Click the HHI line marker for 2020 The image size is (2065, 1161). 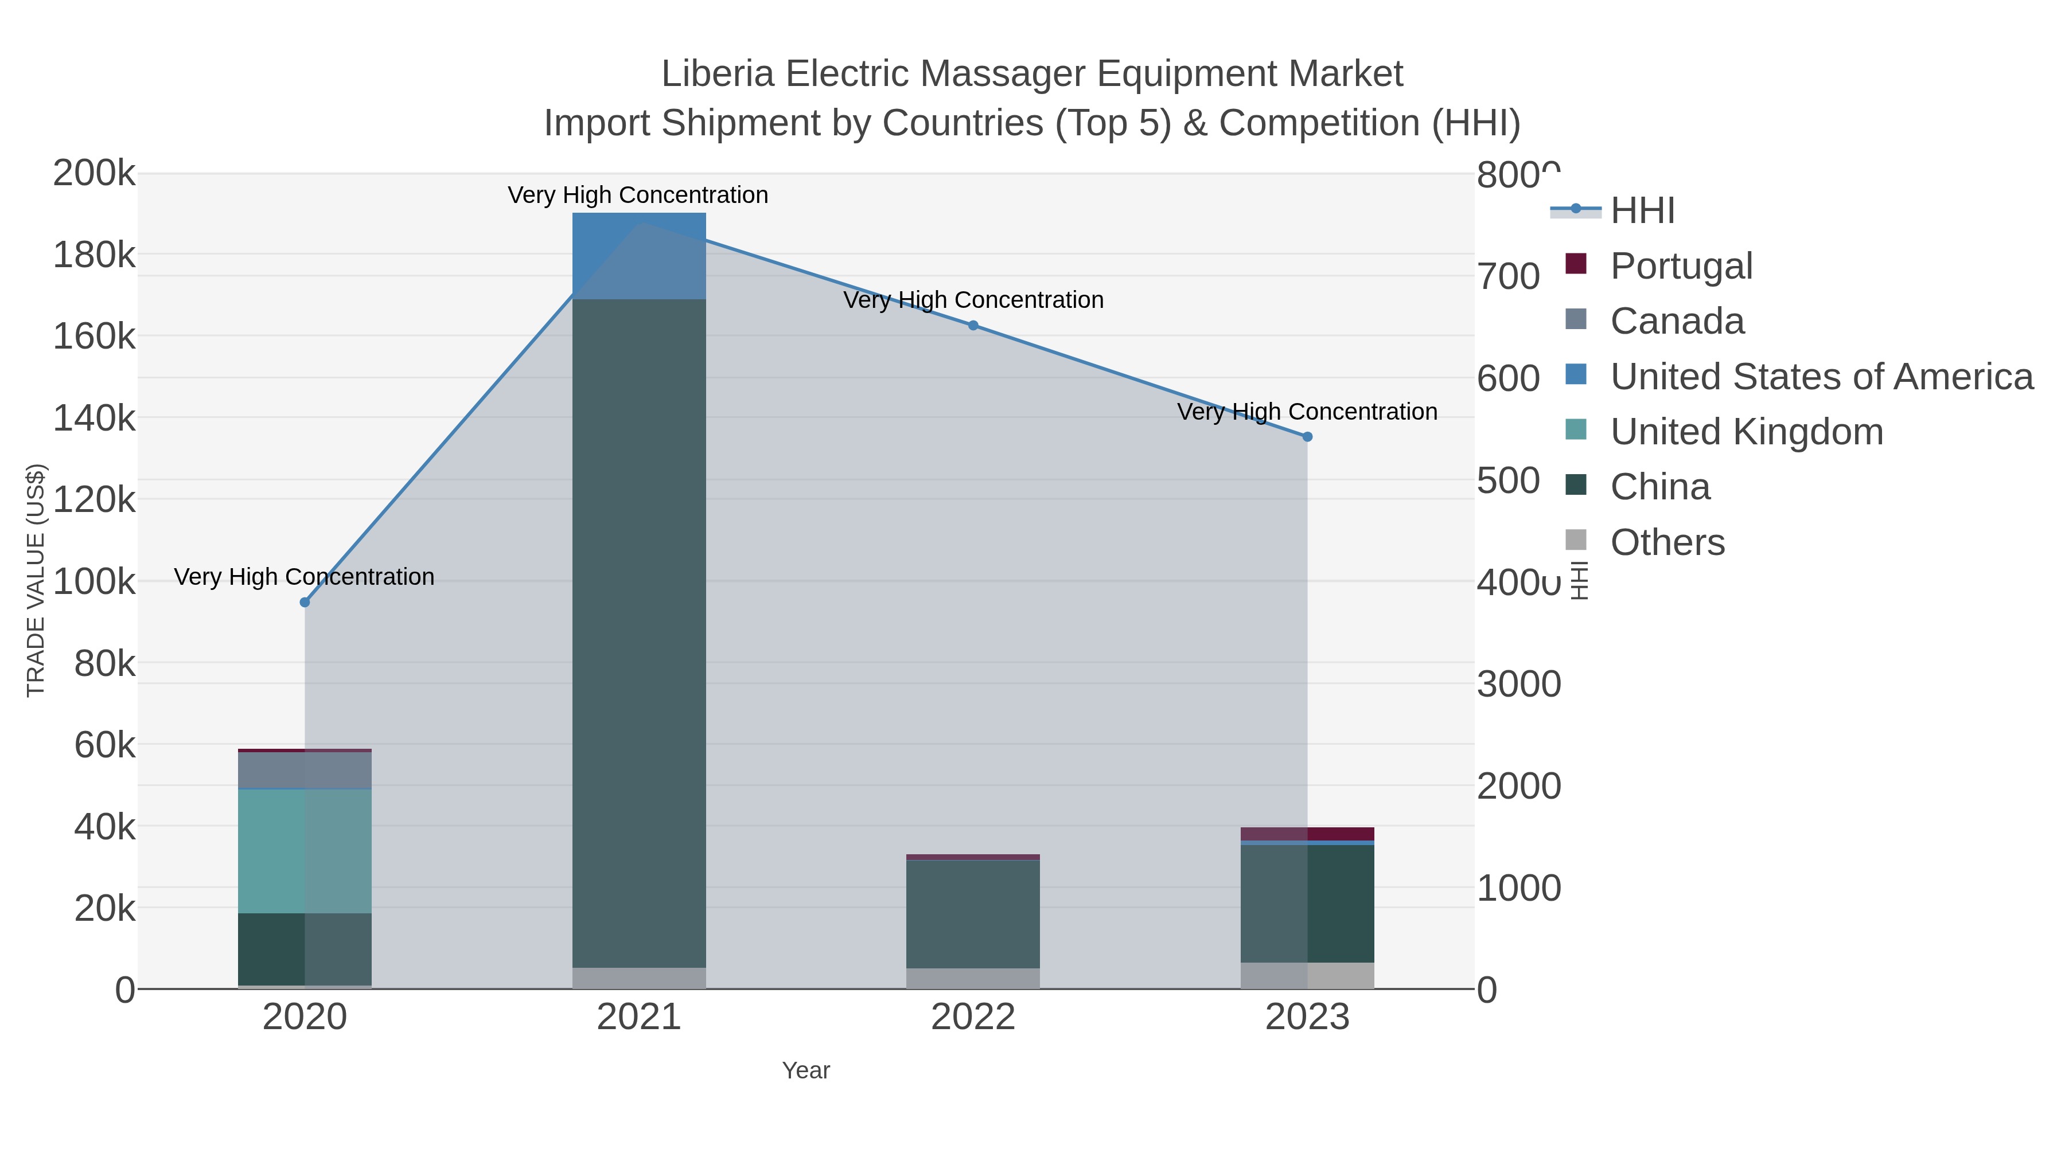(305, 603)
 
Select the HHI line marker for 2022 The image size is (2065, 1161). (973, 325)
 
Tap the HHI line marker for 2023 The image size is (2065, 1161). (1307, 437)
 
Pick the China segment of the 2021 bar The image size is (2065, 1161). (639, 633)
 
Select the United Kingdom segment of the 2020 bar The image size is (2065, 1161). (305, 851)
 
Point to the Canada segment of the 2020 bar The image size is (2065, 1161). (305, 771)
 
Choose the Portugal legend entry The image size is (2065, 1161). (1681, 266)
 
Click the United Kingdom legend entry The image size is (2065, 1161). (1746, 432)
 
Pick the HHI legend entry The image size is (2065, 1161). (1642, 211)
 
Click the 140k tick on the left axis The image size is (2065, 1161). (94, 419)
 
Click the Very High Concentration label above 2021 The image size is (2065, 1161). (638, 196)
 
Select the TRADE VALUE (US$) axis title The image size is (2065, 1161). (36, 580)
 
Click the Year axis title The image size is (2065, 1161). (806, 1070)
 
